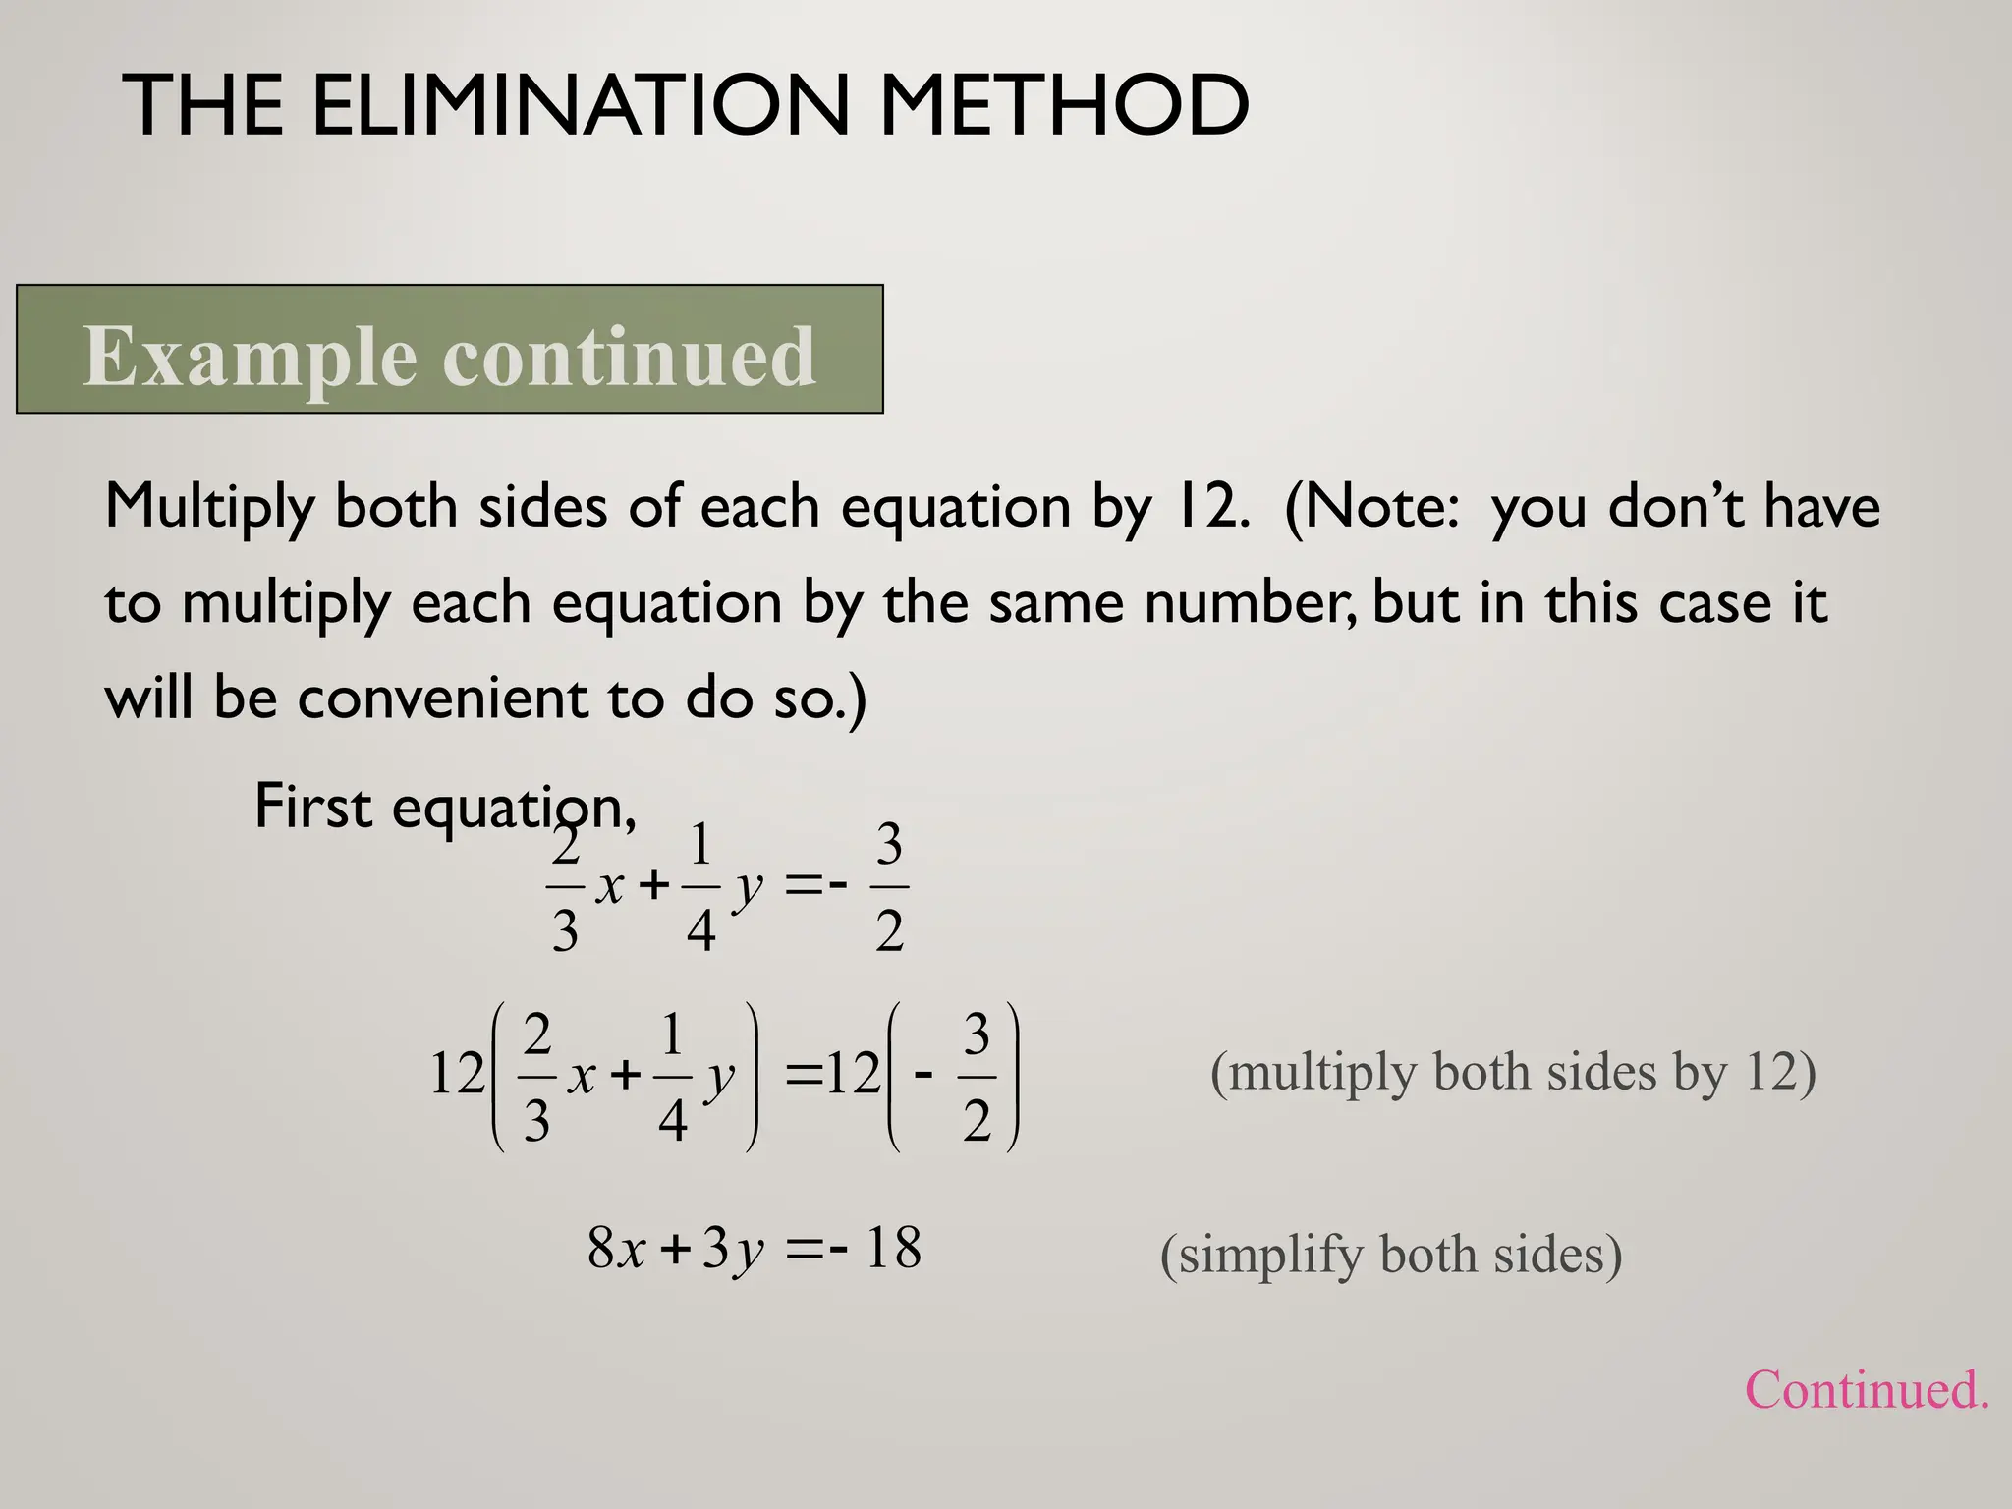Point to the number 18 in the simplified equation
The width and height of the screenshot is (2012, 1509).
tap(893, 1249)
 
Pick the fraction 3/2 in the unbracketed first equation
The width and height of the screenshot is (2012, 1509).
tap(889, 887)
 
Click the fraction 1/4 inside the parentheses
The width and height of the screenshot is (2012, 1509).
tap(672, 1076)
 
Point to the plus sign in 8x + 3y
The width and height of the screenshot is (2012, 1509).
tap(675, 1250)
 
